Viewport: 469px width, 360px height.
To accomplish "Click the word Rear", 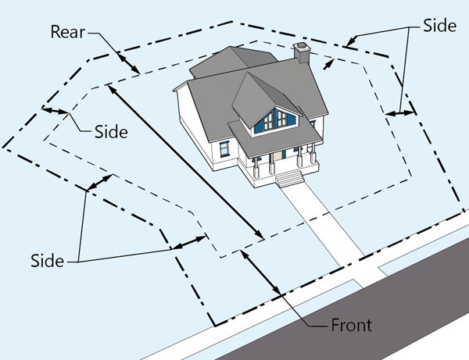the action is [69, 32].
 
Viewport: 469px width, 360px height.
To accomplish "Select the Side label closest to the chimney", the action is [439, 25].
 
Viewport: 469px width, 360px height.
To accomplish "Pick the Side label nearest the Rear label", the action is [110, 131].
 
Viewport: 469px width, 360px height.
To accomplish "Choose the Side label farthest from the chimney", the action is [47, 260].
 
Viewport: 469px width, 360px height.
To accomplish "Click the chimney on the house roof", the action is [302, 54].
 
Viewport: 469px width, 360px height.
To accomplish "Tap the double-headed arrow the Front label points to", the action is [263, 273].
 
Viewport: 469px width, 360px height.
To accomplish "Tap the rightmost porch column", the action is [313, 159].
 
